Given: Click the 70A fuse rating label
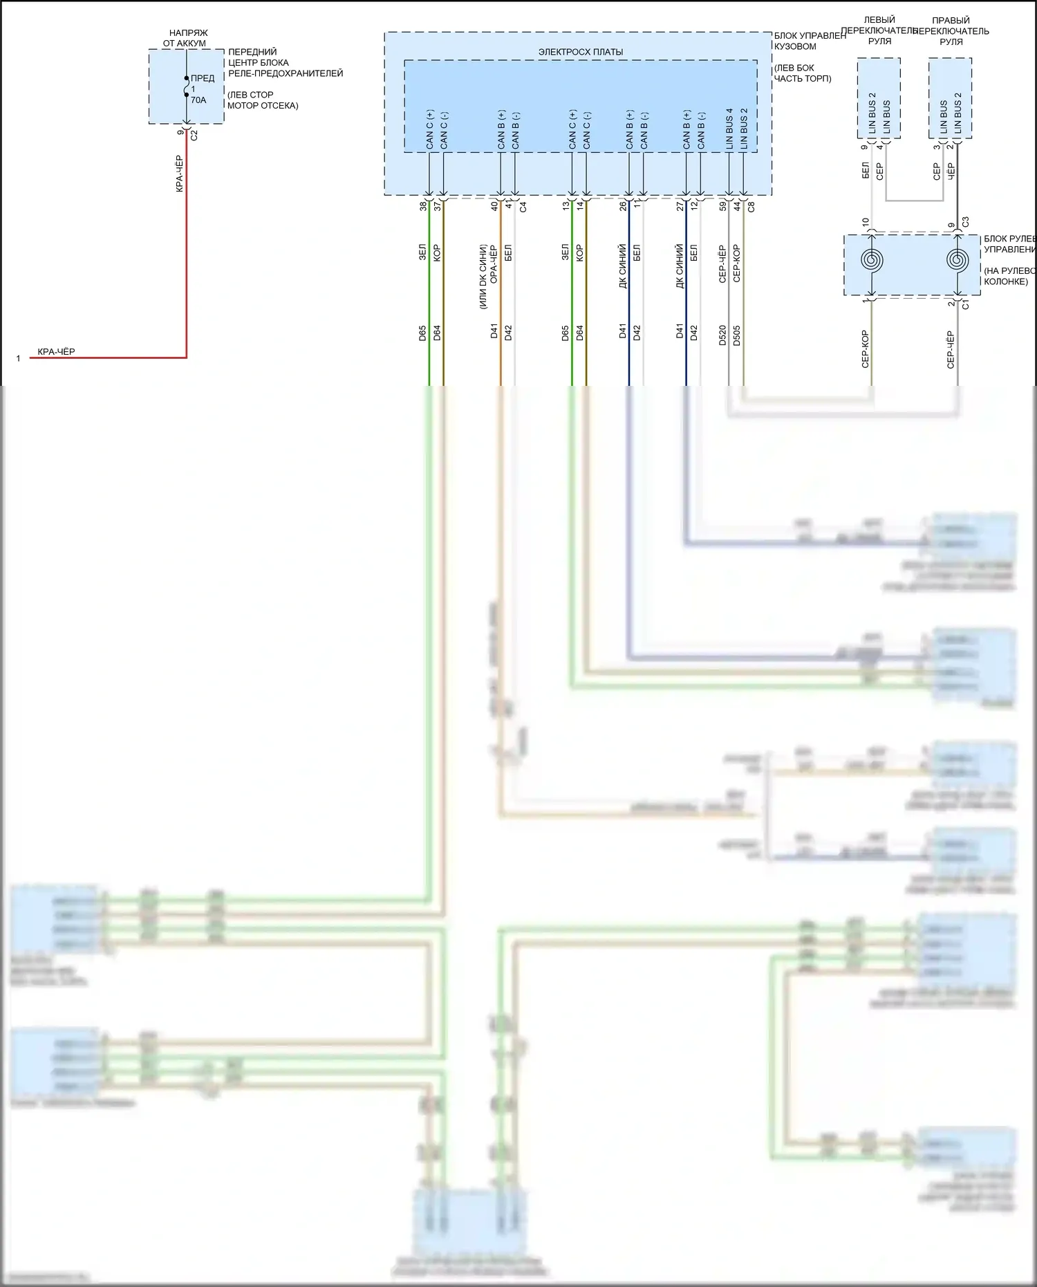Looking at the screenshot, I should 198,100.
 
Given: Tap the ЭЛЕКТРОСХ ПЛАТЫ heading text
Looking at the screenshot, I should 581,52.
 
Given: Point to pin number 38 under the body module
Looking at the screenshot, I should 423,205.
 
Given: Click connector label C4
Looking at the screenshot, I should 523,206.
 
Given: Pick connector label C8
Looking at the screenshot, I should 751,205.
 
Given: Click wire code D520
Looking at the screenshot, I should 722,335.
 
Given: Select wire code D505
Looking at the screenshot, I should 737,335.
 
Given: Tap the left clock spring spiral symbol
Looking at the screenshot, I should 871,261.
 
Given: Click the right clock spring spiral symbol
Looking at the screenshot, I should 958,261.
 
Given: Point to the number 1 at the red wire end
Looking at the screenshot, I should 18,359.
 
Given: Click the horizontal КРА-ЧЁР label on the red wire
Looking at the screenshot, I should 56,352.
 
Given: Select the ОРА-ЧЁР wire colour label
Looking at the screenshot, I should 494,264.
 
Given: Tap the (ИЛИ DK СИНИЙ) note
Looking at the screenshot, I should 483,276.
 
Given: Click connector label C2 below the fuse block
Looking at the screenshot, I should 194,136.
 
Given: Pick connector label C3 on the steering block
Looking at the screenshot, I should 966,222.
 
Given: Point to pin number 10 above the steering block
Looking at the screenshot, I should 865,223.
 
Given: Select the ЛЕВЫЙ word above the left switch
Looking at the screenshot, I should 879,20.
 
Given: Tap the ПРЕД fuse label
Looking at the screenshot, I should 203,78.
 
